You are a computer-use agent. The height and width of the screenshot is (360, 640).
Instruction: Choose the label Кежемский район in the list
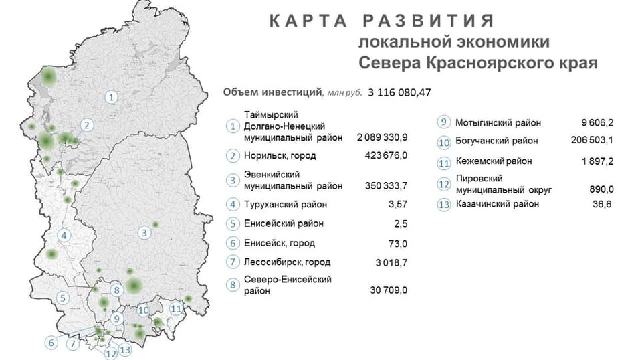tap(494, 161)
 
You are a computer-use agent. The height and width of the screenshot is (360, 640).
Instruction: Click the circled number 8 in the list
tap(233, 285)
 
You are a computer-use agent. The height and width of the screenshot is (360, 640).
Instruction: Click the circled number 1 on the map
tap(112, 97)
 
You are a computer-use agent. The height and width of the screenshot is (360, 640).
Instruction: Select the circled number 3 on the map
tap(144, 234)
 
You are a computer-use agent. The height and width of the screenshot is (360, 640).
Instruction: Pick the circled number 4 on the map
tap(64, 236)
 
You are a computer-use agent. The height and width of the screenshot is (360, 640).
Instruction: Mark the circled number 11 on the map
tap(177, 309)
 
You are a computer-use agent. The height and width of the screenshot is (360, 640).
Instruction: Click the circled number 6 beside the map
tap(51, 343)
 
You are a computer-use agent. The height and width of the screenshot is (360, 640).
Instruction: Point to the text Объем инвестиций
tap(272, 92)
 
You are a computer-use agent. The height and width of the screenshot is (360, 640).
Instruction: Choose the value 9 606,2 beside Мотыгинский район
tap(597, 123)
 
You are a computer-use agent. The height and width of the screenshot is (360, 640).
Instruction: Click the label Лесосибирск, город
tap(288, 262)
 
